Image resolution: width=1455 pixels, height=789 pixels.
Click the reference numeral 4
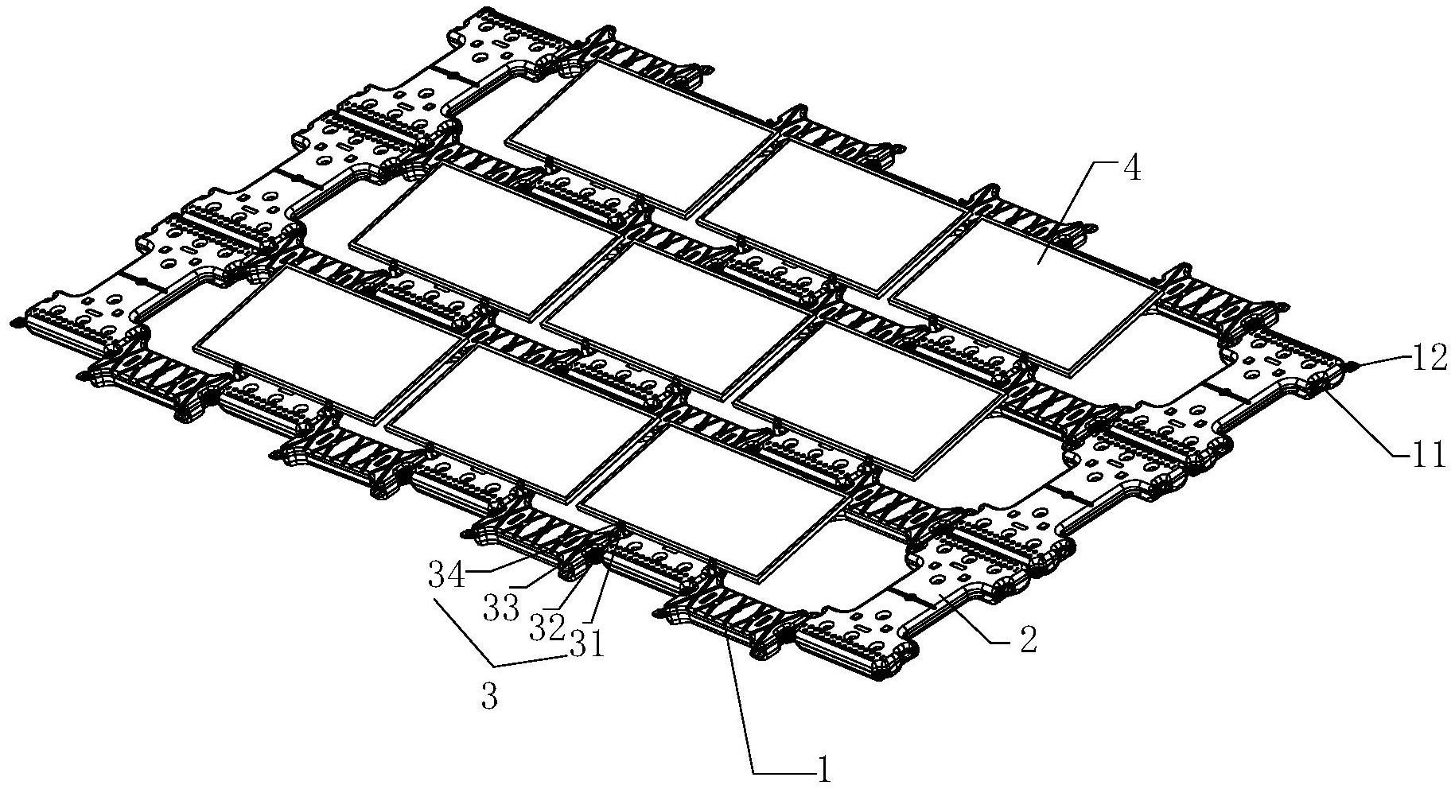(x=1130, y=172)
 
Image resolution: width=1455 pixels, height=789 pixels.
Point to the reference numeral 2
(x=1028, y=641)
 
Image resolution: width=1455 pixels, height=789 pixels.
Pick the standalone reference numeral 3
(x=489, y=698)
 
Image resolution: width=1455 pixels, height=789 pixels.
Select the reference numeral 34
(x=448, y=574)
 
